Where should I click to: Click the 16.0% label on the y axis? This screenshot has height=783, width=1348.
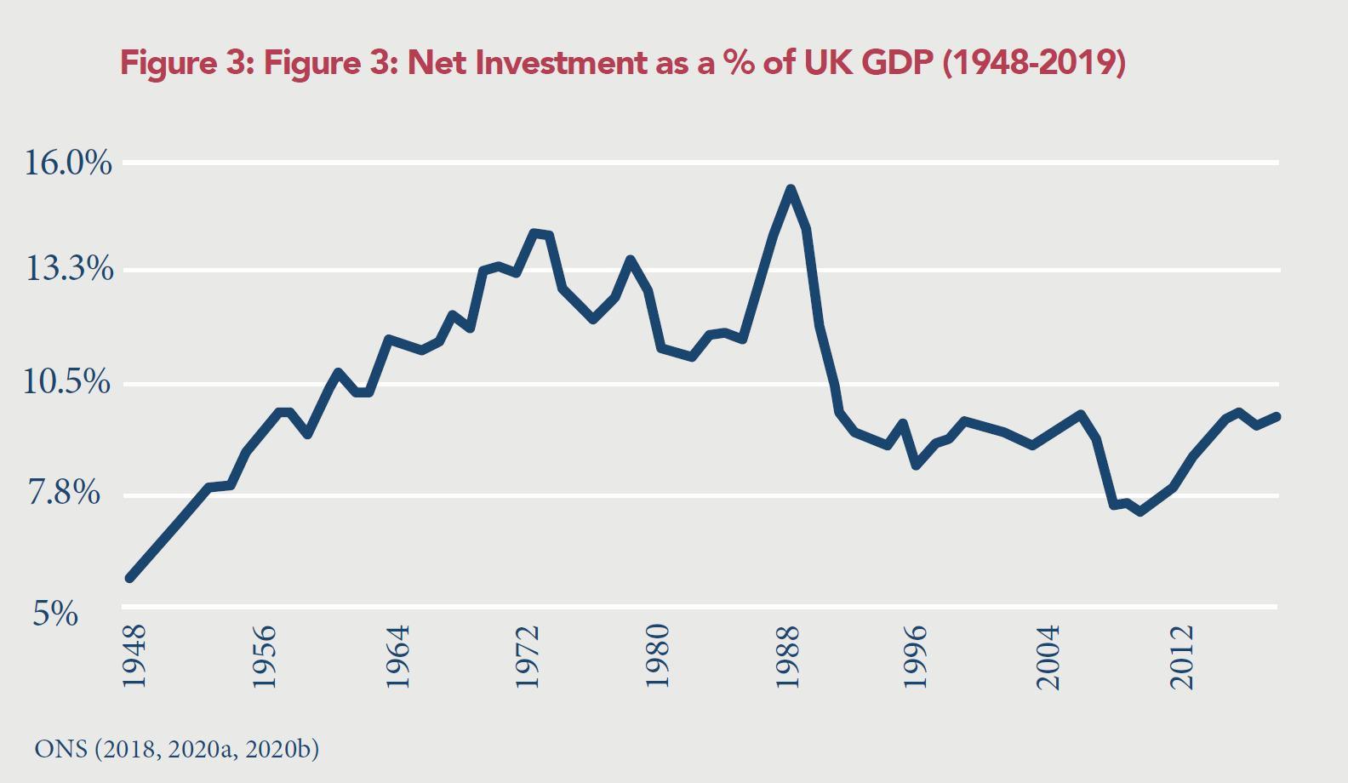coord(68,163)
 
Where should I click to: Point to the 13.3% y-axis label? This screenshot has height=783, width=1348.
coord(68,271)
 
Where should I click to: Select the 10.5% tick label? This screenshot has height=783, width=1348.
coord(68,383)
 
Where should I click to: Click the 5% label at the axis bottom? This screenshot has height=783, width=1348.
coord(55,613)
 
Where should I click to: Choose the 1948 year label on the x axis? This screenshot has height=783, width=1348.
coord(134,657)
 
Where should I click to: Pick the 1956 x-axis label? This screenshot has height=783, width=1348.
coord(265,657)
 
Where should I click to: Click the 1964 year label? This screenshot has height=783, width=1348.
coord(397,657)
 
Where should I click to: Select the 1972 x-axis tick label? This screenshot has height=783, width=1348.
coord(528,657)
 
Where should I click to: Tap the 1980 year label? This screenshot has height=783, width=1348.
coord(658,657)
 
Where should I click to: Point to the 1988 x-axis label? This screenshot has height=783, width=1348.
coord(789,657)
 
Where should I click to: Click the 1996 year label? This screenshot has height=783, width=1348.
coord(917,657)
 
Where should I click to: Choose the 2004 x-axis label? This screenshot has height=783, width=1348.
coord(1049,657)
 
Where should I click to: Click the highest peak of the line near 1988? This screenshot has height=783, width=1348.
coord(791,190)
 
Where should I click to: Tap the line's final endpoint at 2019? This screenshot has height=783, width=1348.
coord(1277,416)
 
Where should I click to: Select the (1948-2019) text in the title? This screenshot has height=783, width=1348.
coord(1033,63)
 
